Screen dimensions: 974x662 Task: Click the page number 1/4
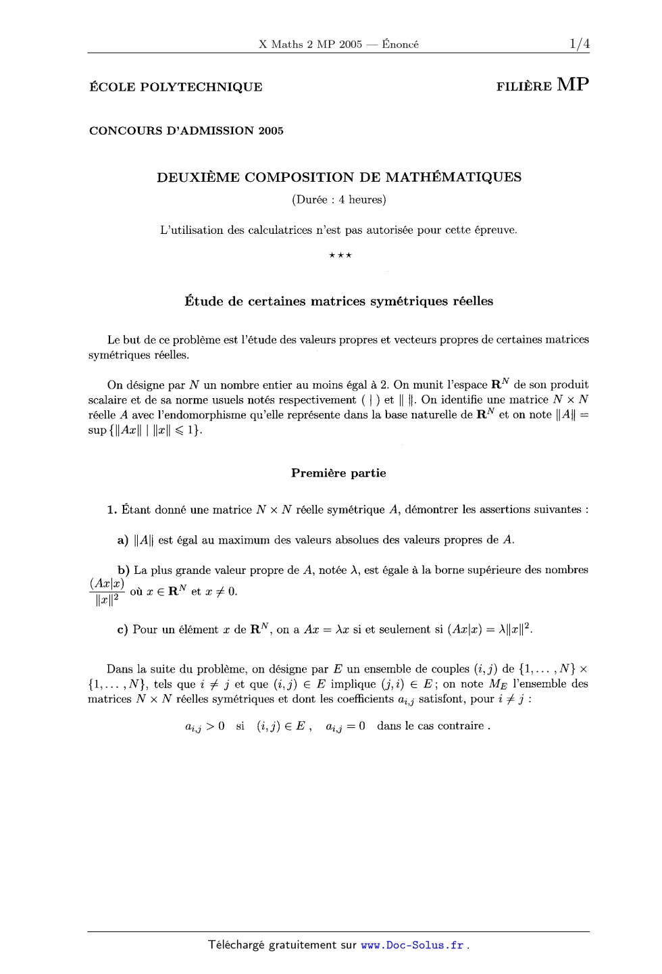(579, 45)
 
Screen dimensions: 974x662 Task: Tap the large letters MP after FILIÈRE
(573, 85)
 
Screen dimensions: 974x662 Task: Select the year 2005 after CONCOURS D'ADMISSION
(270, 131)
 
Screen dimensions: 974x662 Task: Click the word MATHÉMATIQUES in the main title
(453, 178)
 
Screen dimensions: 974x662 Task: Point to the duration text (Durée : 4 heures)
(338, 199)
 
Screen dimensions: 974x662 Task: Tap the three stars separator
(339, 255)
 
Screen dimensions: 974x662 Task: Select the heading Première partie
(338, 473)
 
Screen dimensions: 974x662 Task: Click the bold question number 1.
(112, 510)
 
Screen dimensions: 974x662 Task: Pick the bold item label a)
(123, 540)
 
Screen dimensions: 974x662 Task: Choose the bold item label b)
(124, 570)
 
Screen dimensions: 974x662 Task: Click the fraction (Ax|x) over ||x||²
(107, 591)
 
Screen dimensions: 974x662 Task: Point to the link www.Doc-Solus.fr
(413, 946)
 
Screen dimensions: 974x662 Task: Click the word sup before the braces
(97, 431)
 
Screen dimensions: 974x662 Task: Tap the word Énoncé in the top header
(400, 45)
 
